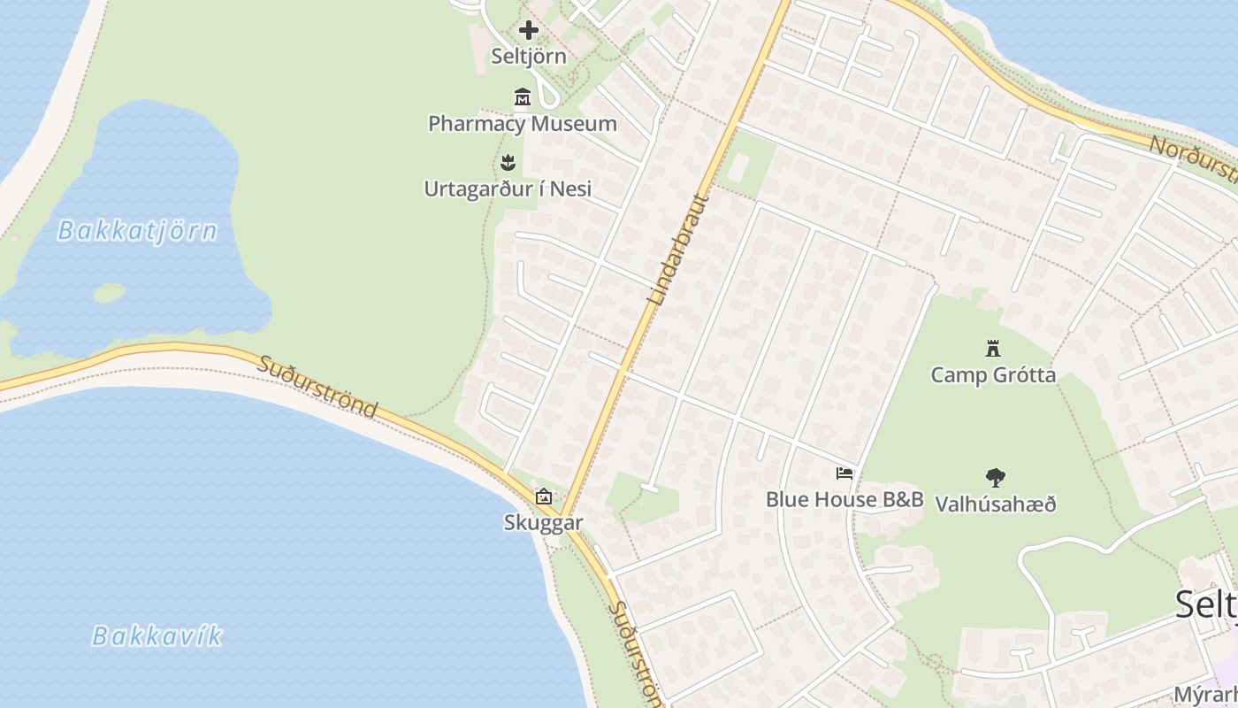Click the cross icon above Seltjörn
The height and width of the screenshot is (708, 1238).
pos(528,31)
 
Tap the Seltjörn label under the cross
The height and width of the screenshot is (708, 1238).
pos(529,56)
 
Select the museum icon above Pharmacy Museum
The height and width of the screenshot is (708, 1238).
pos(523,96)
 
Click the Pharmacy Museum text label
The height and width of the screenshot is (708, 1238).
pos(523,123)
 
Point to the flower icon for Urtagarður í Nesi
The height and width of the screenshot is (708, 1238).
pos(508,163)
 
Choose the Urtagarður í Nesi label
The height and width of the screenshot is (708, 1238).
pos(508,189)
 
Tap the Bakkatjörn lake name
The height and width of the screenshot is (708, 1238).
pos(137,231)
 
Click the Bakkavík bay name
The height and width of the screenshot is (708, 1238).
pos(158,635)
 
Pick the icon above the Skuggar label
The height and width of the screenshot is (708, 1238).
pos(544,496)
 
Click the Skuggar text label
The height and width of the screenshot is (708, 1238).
pos(544,522)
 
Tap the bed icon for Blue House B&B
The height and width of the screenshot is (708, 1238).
pos(844,473)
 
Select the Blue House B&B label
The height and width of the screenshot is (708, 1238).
pos(844,499)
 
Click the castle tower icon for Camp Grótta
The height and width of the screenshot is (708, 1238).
pos(992,349)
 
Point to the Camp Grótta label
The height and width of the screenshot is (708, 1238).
pos(993,374)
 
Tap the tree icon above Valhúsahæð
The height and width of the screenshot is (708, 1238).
pos(996,478)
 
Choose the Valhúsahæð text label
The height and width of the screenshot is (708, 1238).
pos(996,504)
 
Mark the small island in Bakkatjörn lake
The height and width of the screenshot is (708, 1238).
pos(108,293)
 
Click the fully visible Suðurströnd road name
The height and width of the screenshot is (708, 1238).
pos(318,387)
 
